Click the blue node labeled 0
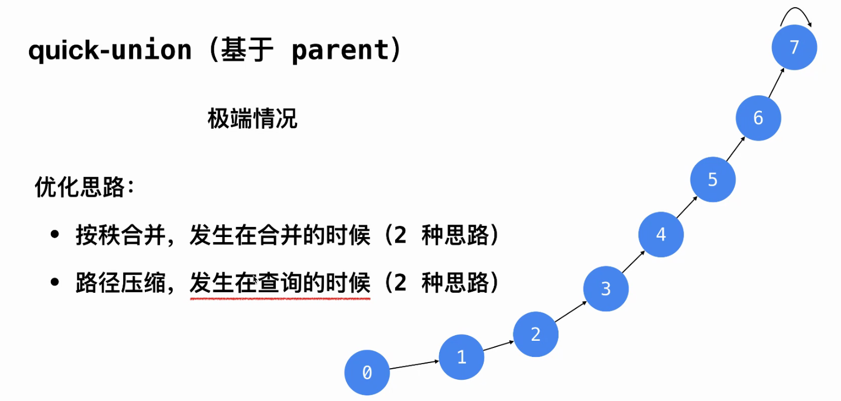(367, 373)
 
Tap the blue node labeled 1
(461, 357)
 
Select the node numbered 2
(536, 334)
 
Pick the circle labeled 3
(606, 289)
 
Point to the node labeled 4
(661, 234)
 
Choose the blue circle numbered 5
(713, 179)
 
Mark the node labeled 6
(758, 118)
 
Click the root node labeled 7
(794, 47)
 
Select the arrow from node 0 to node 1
(414, 364)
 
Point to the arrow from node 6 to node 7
(776, 83)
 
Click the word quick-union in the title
(110, 51)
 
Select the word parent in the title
(340, 51)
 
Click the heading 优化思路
(79, 187)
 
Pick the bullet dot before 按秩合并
(55, 235)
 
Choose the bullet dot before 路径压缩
(55, 282)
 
